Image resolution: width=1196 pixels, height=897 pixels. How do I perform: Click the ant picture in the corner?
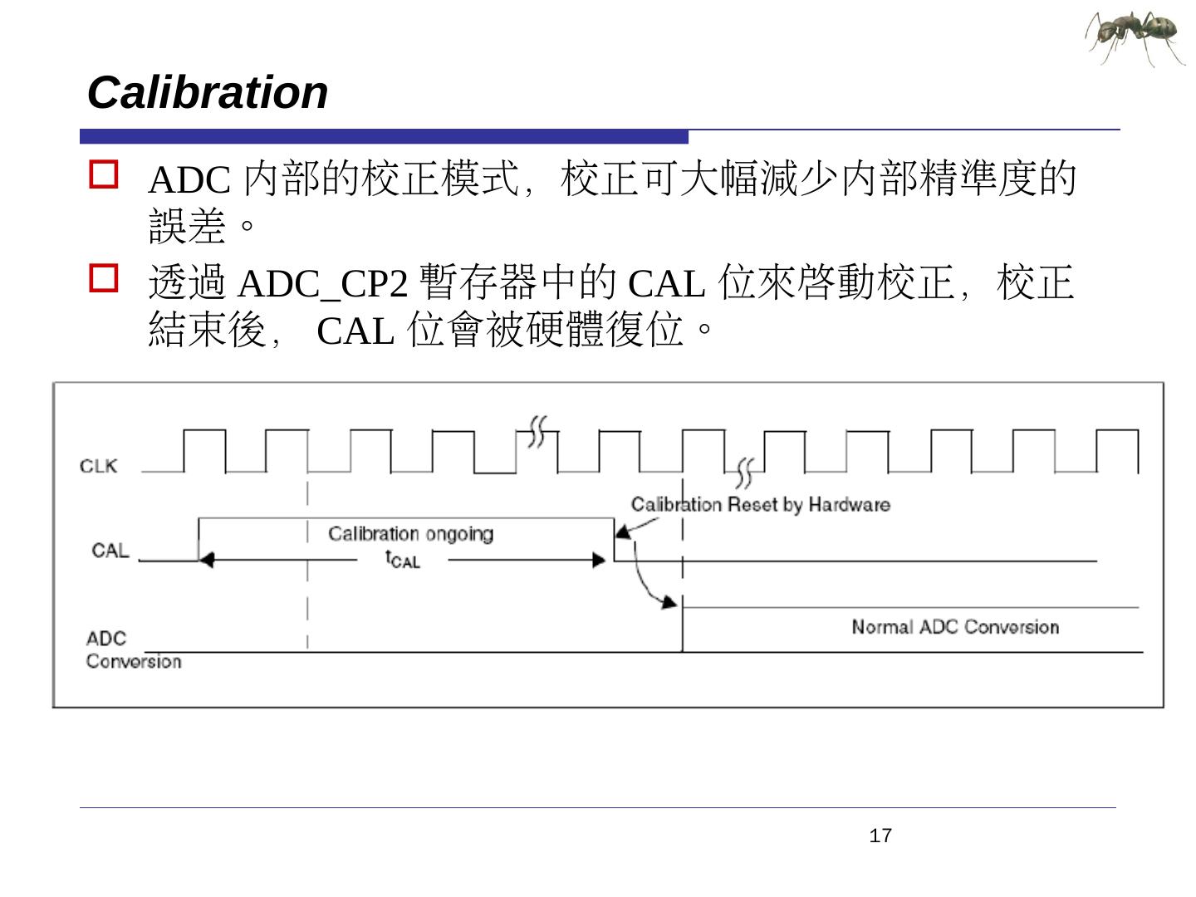[x=1135, y=37]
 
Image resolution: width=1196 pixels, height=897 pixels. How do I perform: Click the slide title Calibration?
[x=208, y=92]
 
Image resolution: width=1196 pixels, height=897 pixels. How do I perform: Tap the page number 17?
[x=880, y=836]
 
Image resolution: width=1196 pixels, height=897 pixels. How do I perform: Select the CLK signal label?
[x=99, y=465]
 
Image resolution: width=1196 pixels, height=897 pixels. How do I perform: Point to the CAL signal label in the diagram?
[x=110, y=550]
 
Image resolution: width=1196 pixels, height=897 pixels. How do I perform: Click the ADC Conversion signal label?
[x=133, y=649]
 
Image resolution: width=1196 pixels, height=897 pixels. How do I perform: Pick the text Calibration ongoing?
[x=410, y=533]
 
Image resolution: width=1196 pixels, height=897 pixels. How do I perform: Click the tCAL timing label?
[x=403, y=560]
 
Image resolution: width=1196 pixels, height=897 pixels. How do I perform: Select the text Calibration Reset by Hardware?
[x=760, y=504]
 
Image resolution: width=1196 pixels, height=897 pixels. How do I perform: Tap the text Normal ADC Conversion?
[x=955, y=627]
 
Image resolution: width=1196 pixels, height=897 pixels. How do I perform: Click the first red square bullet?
[x=104, y=175]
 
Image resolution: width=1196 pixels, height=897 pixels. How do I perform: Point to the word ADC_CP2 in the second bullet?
[x=323, y=285]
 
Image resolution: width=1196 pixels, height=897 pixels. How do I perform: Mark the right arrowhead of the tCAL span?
[x=599, y=561]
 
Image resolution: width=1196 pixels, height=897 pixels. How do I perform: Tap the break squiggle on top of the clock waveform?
[x=537, y=430]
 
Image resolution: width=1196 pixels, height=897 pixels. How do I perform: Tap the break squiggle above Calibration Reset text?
[x=745, y=472]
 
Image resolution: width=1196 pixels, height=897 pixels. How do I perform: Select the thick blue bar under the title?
[x=384, y=137]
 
